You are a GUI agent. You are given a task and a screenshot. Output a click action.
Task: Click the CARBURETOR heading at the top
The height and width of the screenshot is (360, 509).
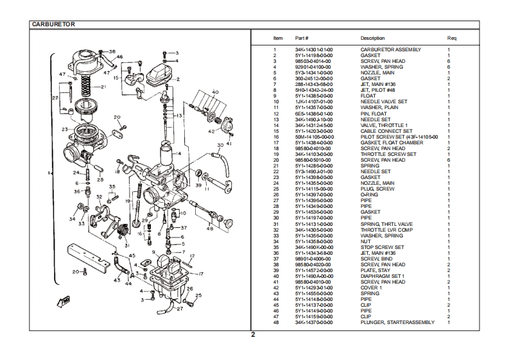pos(54,24)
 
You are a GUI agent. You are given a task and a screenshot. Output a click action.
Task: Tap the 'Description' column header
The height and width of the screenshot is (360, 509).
pos(372,39)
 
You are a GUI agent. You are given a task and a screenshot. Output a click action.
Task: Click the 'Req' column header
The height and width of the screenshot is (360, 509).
pos(451,39)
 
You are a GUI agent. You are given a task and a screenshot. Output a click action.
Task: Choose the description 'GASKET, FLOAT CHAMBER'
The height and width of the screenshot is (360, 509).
pos(388,142)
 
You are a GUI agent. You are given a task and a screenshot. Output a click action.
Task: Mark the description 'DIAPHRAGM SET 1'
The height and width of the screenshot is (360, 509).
pos(382,276)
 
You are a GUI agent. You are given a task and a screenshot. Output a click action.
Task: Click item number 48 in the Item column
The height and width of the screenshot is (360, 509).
pos(275,322)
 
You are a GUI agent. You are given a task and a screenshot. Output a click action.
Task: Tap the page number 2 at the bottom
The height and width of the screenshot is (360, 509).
pos(253,334)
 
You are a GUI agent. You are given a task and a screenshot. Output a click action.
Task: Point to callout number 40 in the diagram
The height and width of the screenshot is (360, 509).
pos(215,92)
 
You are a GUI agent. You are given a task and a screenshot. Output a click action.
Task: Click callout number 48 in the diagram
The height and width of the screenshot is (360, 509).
pos(210,228)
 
